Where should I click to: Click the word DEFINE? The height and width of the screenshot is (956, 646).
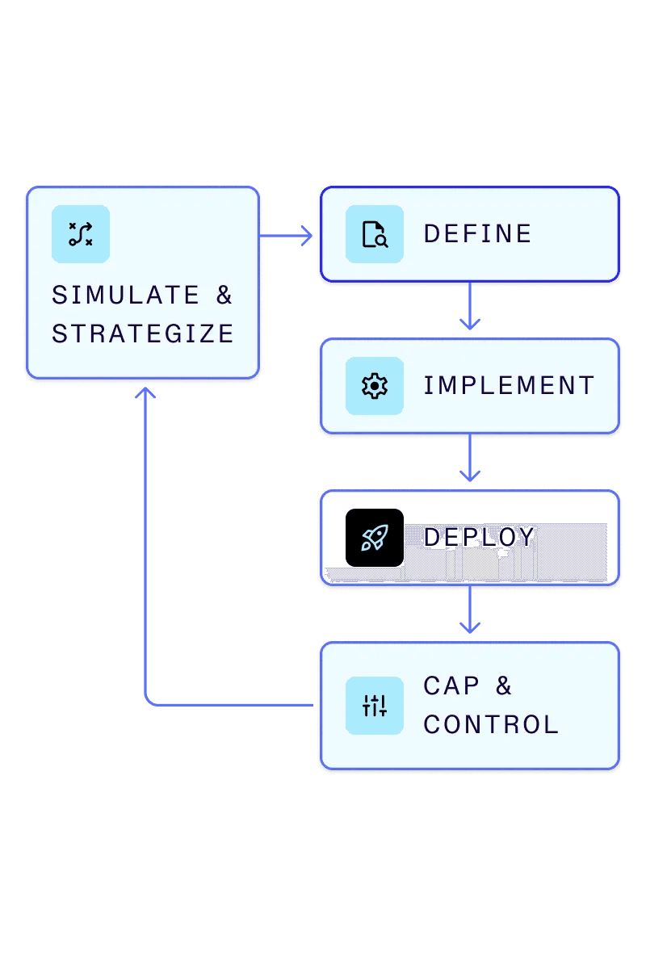click(x=477, y=234)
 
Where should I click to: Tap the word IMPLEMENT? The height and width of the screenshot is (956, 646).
click(x=509, y=386)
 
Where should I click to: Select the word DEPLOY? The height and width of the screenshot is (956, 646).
click(x=479, y=537)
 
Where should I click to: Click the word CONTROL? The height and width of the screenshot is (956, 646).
click(x=491, y=725)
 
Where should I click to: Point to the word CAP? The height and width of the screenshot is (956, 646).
click(x=451, y=686)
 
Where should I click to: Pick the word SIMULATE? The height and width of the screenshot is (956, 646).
click(x=125, y=296)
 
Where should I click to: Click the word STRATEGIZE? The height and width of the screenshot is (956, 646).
click(x=143, y=334)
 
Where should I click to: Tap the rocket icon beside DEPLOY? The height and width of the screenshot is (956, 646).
click(x=374, y=538)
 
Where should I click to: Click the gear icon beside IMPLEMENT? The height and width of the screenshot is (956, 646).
click(x=374, y=386)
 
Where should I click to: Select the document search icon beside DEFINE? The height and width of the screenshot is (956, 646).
click(x=374, y=234)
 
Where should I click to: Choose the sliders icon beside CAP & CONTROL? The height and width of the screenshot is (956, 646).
click(x=374, y=706)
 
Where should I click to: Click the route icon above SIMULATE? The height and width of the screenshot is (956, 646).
click(x=80, y=234)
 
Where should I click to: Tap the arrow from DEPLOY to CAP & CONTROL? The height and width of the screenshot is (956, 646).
click(x=469, y=612)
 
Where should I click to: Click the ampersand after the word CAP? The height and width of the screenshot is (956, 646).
click(x=504, y=686)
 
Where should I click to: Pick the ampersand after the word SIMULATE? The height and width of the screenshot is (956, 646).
click(x=224, y=296)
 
